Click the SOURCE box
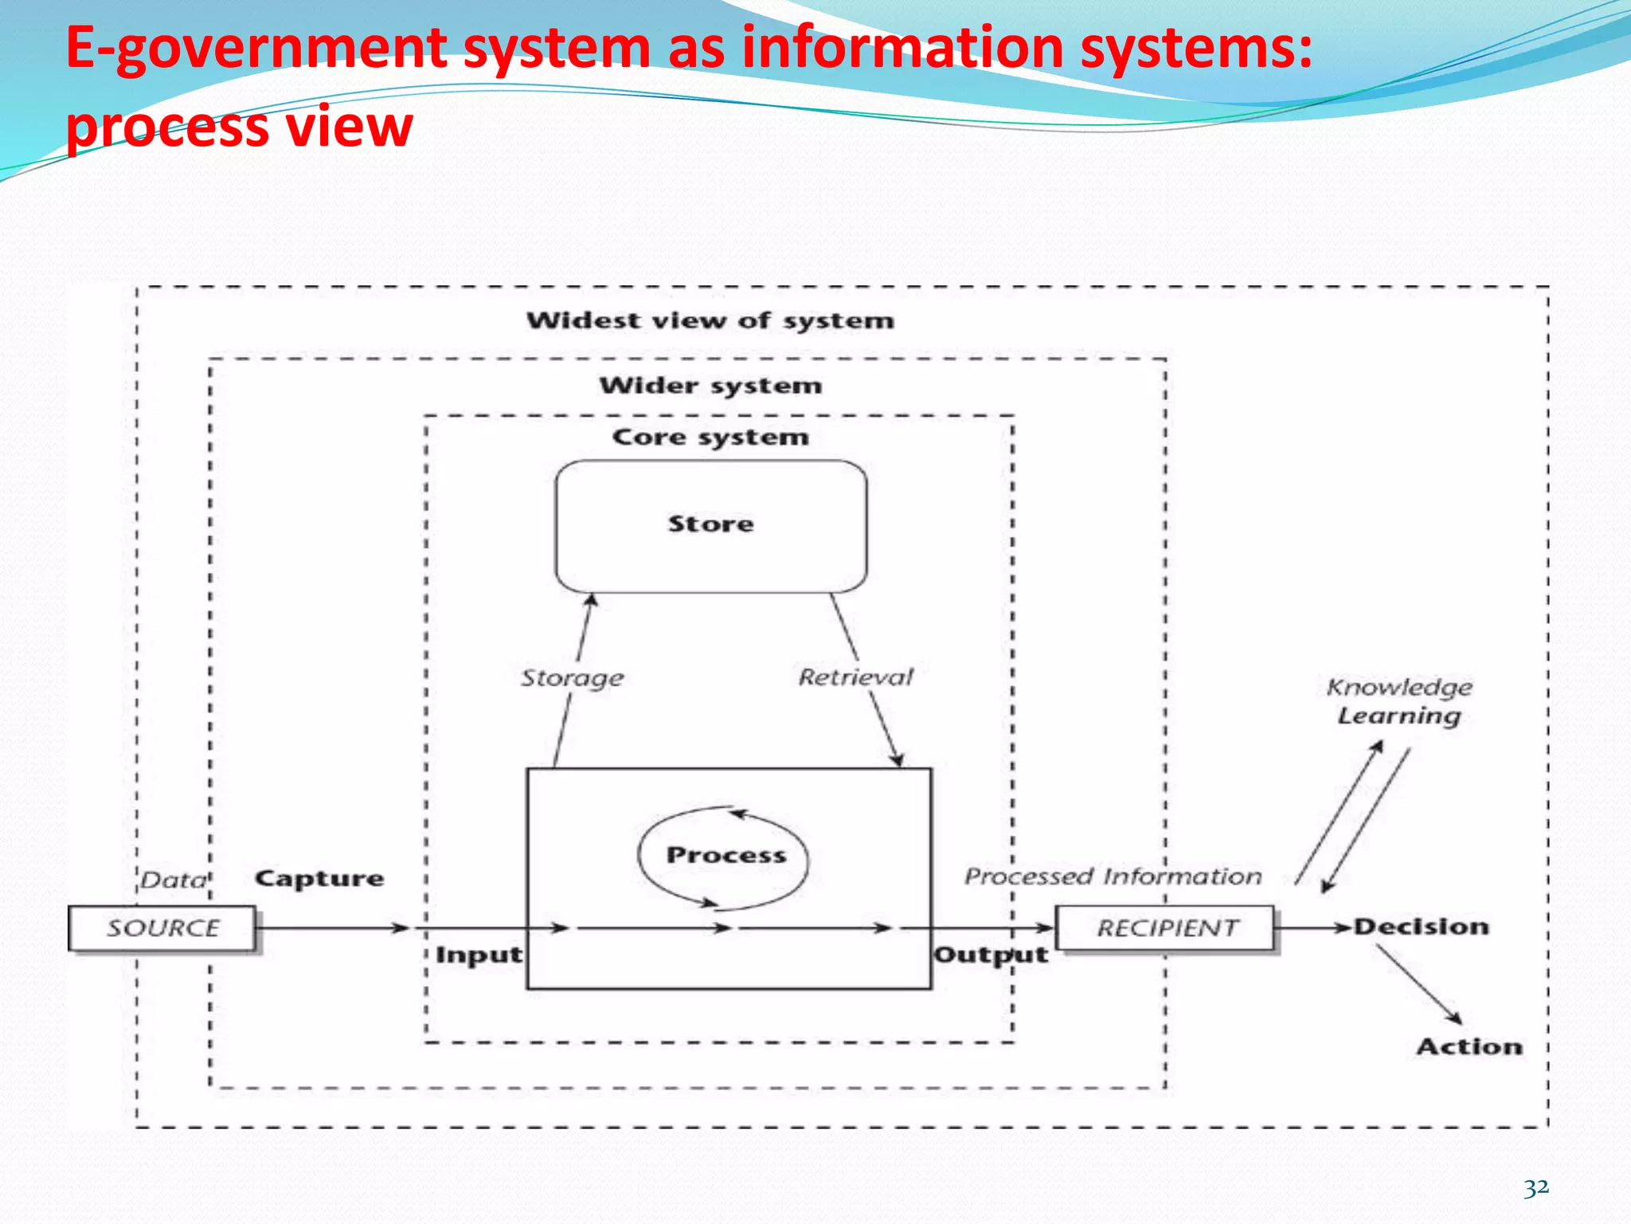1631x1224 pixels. [162, 928]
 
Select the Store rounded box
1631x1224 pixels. [710, 526]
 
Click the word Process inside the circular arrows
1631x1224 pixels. [726, 855]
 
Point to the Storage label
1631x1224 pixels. [572, 678]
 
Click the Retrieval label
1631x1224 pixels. [855, 677]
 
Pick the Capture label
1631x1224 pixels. [319, 878]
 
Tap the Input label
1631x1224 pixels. [479, 955]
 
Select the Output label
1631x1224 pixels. [991, 955]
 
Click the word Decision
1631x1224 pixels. [1422, 927]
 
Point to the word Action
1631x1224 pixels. [1469, 1046]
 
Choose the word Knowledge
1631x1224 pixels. [1399, 687]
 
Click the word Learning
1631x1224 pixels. [1399, 716]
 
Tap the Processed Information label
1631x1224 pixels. [1113, 877]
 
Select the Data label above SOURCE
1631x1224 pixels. [174, 880]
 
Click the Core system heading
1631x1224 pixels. [710, 437]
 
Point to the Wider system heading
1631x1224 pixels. [710, 386]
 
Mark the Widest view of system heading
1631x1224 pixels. [710, 320]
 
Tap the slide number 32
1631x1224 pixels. [1536, 1188]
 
